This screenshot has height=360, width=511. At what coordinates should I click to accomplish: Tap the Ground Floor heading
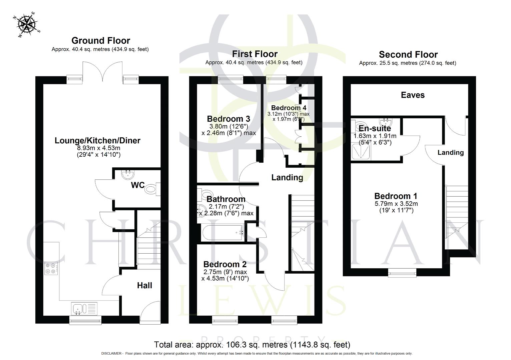click(x=101, y=41)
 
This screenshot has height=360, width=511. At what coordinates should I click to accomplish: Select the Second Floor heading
click(x=408, y=54)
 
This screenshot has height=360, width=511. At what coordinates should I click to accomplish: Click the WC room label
click(x=137, y=185)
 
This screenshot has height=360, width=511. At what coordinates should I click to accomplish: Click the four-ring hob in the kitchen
click(x=51, y=268)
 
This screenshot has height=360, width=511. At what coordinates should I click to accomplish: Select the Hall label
click(x=144, y=285)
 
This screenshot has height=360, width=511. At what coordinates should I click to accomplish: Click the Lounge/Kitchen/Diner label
click(x=97, y=140)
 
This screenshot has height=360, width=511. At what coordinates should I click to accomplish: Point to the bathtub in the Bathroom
click(x=222, y=232)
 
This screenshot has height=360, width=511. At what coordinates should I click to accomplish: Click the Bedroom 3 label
click(x=228, y=119)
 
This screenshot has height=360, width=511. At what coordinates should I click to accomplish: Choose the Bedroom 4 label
click(x=289, y=108)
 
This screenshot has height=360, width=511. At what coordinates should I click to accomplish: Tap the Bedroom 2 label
click(x=225, y=264)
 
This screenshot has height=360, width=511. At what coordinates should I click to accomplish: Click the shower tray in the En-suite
click(x=361, y=152)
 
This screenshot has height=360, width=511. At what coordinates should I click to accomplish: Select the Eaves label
click(x=413, y=95)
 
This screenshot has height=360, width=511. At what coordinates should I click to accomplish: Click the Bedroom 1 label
click(x=396, y=196)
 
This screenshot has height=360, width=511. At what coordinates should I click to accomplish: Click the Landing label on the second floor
click(x=450, y=153)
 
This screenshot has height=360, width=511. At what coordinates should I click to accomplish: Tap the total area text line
click(x=252, y=345)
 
